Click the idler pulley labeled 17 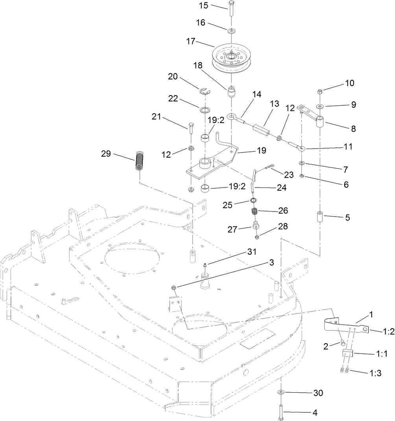[x=231, y=59]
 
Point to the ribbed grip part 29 [x=140, y=161]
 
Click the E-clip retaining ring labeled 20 [x=205, y=92]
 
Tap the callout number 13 [x=274, y=104]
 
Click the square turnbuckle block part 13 [x=260, y=128]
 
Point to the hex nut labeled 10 [x=320, y=92]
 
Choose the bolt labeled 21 [x=191, y=128]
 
